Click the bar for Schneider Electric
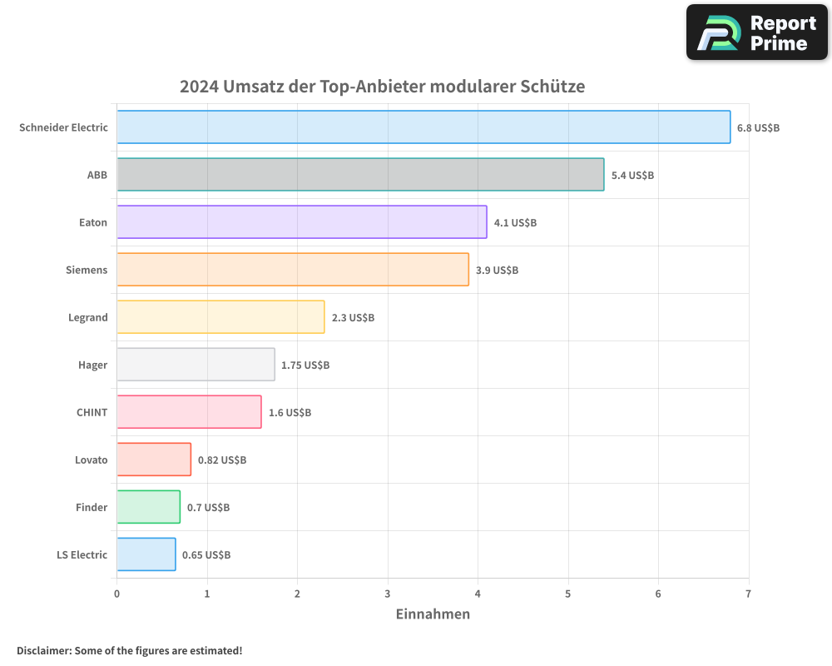(x=423, y=127)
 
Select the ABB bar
(x=360, y=175)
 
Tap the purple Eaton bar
(x=301, y=222)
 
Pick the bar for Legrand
(x=220, y=317)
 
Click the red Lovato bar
(x=154, y=460)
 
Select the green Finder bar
(x=148, y=507)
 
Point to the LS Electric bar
(x=146, y=554)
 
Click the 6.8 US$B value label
(x=758, y=128)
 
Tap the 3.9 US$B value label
(x=497, y=271)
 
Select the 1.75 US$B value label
(x=305, y=365)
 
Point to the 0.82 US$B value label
(x=222, y=460)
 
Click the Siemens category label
(x=87, y=270)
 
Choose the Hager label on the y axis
(x=92, y=365)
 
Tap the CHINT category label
(x=92, y=412)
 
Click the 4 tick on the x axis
(x=478, y=594)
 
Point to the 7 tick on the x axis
(x=748, y=594)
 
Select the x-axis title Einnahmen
(x=433, y=614)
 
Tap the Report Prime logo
(x=756, y=32)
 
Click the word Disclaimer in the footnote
(x=42, y=650)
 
